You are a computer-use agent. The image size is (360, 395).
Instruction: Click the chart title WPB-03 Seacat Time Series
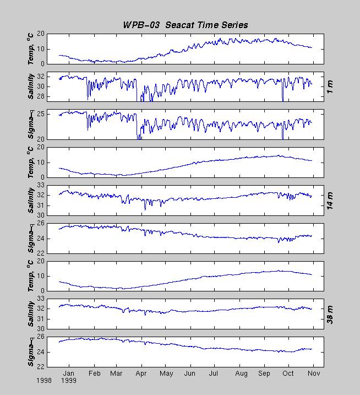coord(185,25)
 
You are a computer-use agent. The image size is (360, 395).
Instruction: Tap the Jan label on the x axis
coord(69,373)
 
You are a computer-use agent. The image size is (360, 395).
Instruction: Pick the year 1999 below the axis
coord(69,380)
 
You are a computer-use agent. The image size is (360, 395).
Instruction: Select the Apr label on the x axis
coord(141,373)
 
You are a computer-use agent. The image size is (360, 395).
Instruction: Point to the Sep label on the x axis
coord(265,373)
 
